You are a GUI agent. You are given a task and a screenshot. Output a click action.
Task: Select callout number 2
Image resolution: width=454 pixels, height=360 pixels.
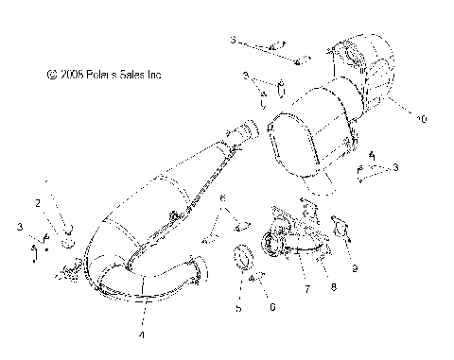38,203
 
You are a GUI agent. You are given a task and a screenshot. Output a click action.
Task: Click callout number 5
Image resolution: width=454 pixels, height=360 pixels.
238,309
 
